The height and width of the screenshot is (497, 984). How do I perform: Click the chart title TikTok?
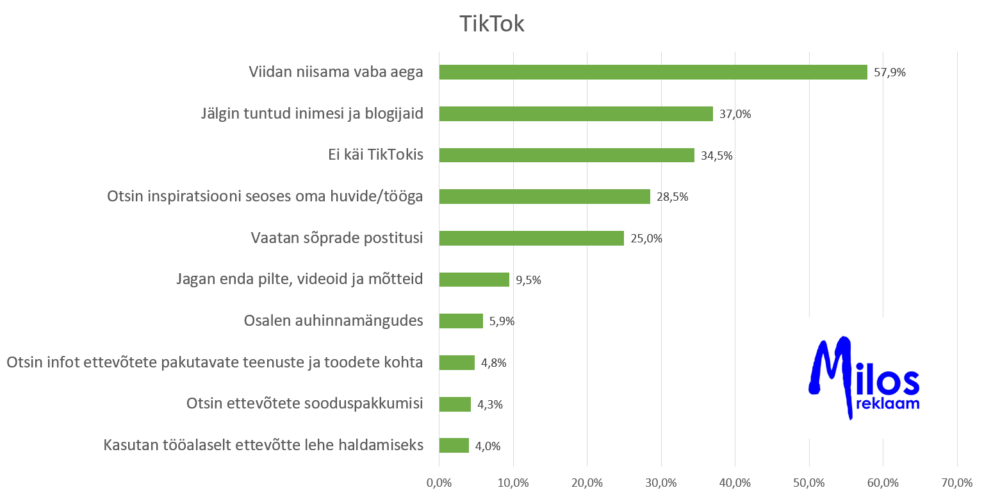pos(491,24)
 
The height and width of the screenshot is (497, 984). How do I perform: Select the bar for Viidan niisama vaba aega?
pos(653,72)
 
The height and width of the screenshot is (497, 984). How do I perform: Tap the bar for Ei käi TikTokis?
pos(566,155)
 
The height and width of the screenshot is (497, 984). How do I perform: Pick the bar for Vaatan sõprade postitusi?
pos(531,239)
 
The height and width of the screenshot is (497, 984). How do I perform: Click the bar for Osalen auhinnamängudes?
pos(461,321)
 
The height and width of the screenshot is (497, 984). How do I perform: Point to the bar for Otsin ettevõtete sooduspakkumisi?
pos(455,404)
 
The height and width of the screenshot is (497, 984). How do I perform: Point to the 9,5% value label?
pos(528,280)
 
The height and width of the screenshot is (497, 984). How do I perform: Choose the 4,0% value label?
pos(488,446)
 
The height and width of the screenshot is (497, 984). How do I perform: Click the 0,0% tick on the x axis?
pos(439,482)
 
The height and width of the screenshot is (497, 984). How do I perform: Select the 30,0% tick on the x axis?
pos(661,482)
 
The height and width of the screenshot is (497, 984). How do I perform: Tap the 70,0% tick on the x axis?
pos(956,482)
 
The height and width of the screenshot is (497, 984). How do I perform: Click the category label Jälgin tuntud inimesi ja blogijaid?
pos(311,114)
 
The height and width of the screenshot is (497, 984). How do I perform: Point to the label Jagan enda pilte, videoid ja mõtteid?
pos(299,280)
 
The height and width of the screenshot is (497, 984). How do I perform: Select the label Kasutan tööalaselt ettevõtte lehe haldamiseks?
pos(263,445)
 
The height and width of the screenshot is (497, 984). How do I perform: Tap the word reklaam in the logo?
pos(887,404)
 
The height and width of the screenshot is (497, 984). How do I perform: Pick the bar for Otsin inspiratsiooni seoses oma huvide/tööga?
pos(545,197)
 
